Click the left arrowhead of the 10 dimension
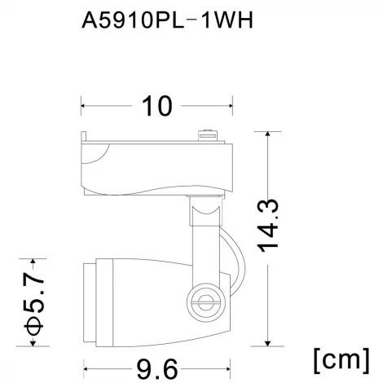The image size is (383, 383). [x=83, y=105]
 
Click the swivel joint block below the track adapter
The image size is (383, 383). [x=205, y=213]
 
